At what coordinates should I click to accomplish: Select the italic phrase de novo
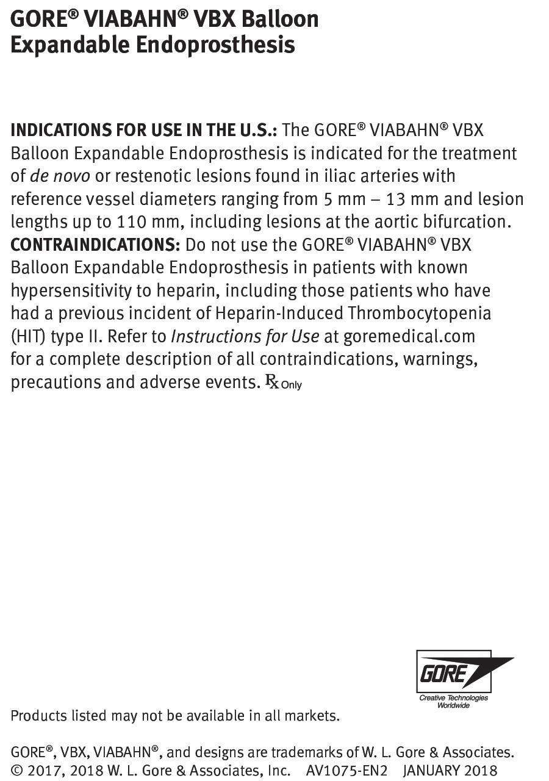(x=60, y=176)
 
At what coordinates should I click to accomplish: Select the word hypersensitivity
(x=71, y=290)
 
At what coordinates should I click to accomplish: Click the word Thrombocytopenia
(x=419, y=313)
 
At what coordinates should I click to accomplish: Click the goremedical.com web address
(x=409, y=336)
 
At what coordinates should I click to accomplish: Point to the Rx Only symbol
(x=283, y=383)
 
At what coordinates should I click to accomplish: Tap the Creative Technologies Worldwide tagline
(x=453, y=702)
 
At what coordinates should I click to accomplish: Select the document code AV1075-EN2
(x=346, y=771)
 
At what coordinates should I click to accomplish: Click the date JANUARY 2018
(x=450, y=771)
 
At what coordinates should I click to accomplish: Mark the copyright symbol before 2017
(x=17, y=771)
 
